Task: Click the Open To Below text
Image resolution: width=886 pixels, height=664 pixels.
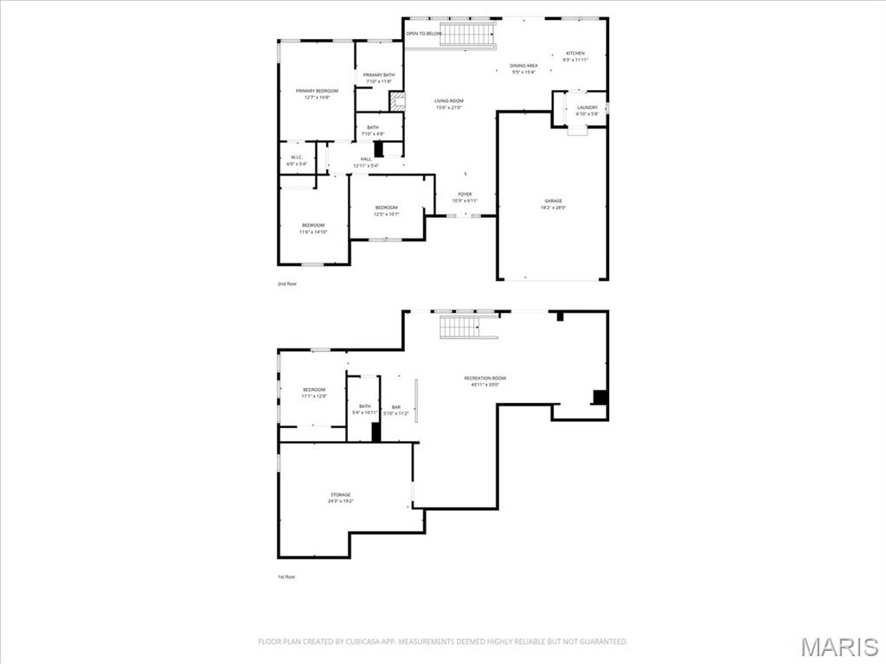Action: point(424,34)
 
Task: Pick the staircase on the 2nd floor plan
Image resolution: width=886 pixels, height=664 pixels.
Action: point(467,35)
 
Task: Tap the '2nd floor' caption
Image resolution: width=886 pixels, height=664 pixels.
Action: point(286,284)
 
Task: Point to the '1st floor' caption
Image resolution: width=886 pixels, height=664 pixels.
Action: point(286,577)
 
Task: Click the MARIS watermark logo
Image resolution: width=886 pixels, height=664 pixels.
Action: point(838,647)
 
